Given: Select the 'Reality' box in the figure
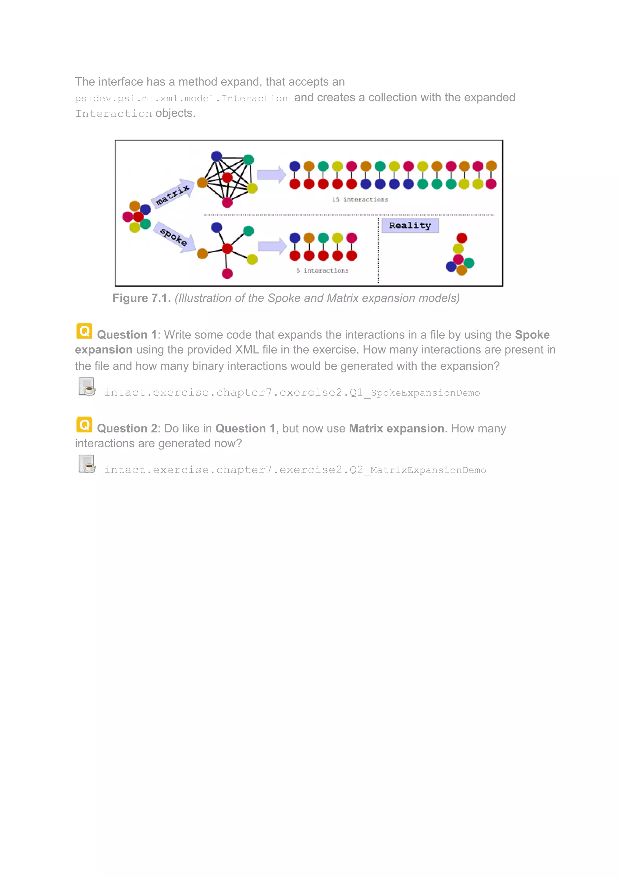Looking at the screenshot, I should pos(410,225).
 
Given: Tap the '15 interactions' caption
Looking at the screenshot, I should pos(360,200).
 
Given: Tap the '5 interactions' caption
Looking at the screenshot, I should pos(322,270).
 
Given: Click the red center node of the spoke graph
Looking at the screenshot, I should pos(227,249).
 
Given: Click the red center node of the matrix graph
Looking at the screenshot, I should pos(227,177).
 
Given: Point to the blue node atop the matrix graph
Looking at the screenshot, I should pos(217,156).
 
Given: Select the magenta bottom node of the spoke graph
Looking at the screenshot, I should pos(227,274).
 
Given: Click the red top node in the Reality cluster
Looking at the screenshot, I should pos(462,238).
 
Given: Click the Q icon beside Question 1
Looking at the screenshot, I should pos(84,331).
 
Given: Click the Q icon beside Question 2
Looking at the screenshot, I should pos(84,425).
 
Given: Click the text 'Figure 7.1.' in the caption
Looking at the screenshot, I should pos(142,298).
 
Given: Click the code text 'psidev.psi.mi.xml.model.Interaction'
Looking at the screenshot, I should pos(181,98).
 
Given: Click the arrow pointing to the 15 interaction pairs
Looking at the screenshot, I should pos(271,175).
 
